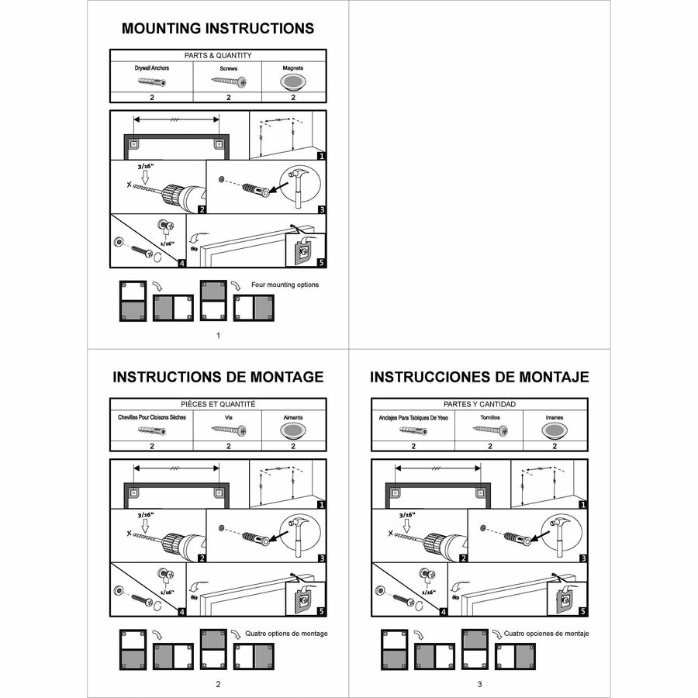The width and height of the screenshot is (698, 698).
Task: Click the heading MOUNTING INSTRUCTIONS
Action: click(218, 29)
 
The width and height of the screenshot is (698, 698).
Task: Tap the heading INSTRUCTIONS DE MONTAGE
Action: click(218, 377)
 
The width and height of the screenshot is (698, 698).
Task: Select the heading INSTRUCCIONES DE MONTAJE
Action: click(479, 377)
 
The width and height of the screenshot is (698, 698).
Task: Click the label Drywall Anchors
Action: click(152, 68)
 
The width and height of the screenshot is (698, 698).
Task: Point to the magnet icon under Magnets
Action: click(292, 81)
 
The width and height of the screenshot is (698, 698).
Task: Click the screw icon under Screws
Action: click(229, 81)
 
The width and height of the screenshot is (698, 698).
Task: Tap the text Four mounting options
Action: click(285, 285)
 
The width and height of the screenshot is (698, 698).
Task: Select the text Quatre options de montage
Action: click(286, 634)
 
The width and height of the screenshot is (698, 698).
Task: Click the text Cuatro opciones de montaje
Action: click(546, 634)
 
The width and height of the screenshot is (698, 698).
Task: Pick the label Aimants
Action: click(293, 417)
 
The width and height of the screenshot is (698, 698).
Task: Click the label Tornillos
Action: click(489, 417)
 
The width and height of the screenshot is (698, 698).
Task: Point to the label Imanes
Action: click(555, 417)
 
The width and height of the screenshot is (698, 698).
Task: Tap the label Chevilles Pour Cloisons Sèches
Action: click(152, 417)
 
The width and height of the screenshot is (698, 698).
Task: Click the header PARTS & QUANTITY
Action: click(218, 56)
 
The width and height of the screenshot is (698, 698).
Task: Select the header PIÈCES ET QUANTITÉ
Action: click(218, 404)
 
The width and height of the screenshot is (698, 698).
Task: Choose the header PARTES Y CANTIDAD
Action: click(479, 404)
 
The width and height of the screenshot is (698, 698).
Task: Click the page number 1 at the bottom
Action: click(218, 335)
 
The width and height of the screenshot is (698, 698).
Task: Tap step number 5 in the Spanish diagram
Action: click(581, 611)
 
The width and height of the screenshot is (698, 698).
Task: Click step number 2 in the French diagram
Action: click(202, 558)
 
